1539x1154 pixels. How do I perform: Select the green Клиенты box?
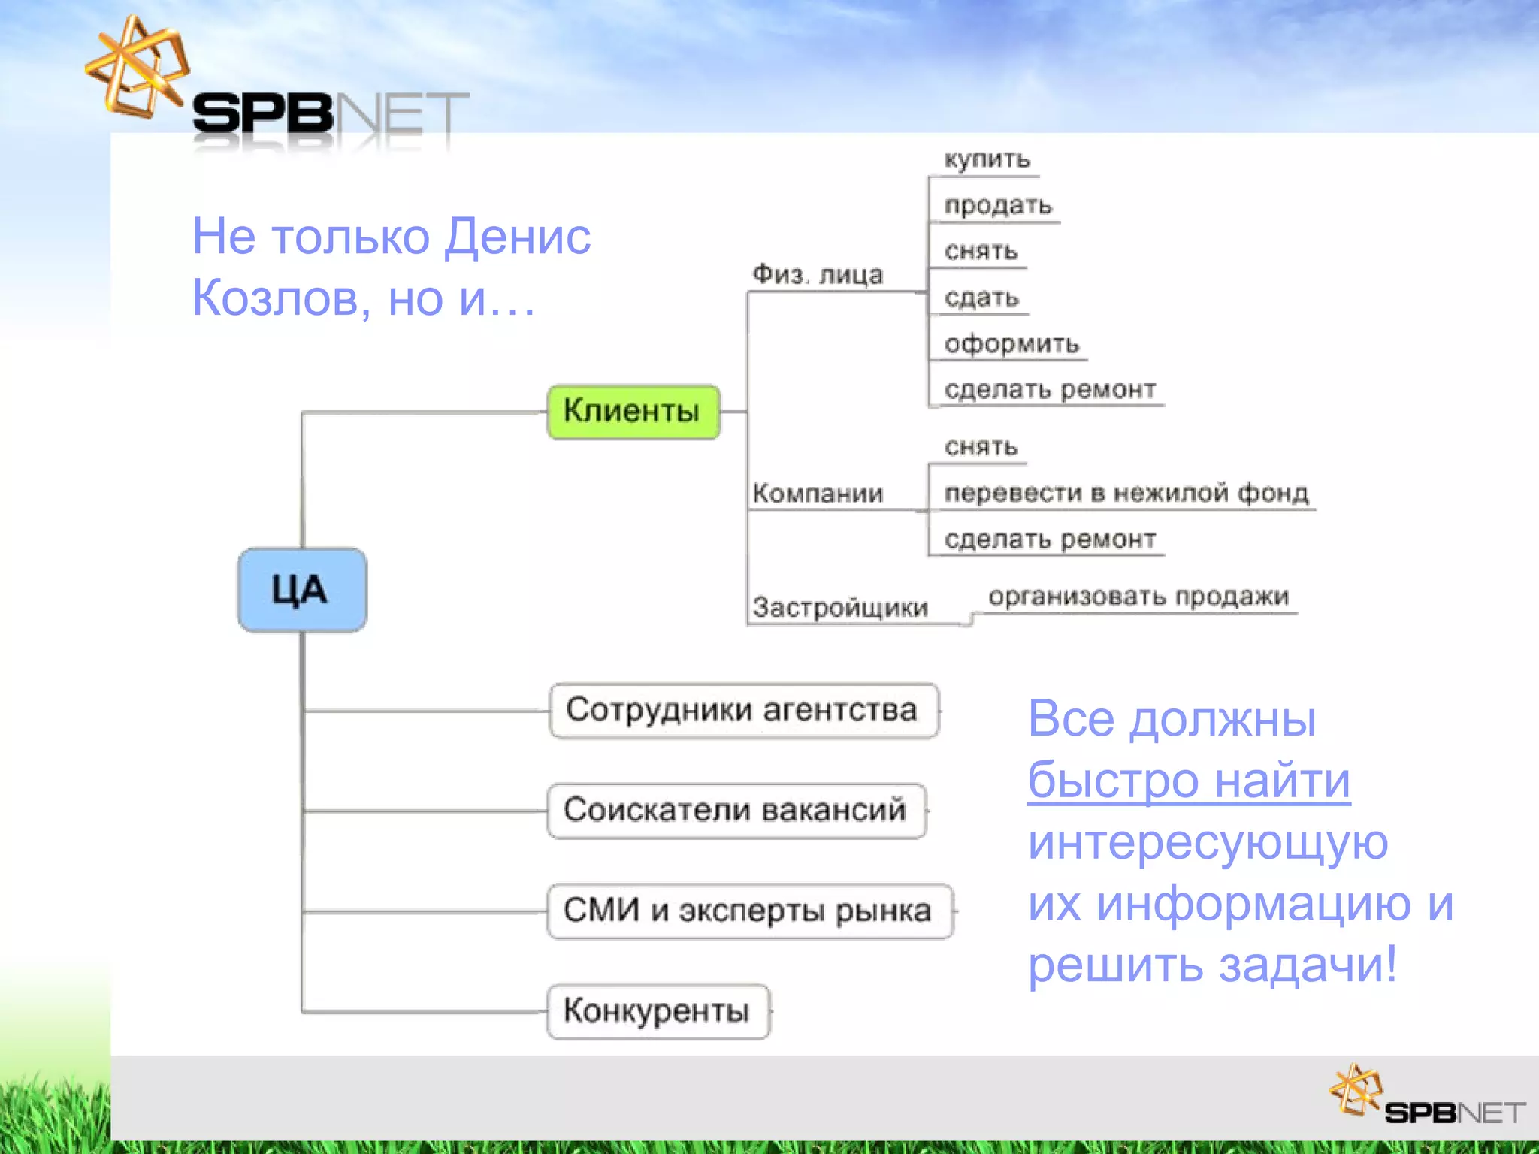(633, 412)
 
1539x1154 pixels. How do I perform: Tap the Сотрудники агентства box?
(743, 711)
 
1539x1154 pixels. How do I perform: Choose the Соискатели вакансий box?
(736, 811)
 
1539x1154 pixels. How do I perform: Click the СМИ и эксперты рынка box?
(748, 911)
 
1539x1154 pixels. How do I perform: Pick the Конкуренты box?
(658, 1011)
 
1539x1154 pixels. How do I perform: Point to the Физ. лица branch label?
(818, 275)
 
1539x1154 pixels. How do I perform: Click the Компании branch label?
(818, 494)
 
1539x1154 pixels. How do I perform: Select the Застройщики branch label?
(840, 607)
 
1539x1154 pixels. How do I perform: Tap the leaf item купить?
(987, 159)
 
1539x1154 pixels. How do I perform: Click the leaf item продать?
(998, 206)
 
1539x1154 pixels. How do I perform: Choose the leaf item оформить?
(1011, 344)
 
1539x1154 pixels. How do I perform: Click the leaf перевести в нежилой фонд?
(1126, 493)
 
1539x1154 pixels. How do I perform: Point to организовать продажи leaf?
(1138, 597)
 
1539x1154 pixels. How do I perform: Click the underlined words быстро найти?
(1189, 781)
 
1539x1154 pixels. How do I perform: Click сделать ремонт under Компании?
(1049, 539)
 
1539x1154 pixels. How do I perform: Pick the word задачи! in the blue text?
(1308, 965)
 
